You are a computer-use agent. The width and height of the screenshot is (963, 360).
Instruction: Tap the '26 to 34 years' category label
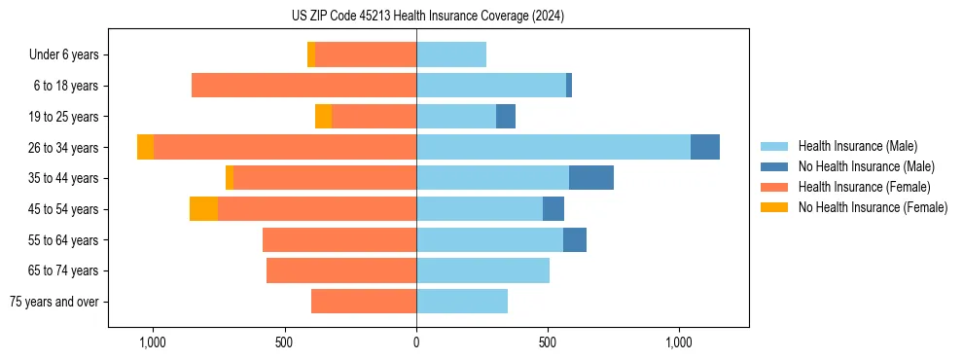coord(64,148)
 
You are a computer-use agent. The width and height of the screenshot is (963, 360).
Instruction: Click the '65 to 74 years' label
coord(64,270)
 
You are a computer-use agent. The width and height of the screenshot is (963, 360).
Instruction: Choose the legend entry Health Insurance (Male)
coord(857,146)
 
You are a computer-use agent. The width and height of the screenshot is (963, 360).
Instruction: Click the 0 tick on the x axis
coord(416,342)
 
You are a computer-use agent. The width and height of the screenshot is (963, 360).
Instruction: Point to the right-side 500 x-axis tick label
coord(548,342)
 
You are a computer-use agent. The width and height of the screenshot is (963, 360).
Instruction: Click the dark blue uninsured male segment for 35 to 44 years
coord(591,178)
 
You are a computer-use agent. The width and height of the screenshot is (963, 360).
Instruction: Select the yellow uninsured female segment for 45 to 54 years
coord(203,209)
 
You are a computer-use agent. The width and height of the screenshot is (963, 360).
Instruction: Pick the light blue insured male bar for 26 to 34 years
coord(553,147)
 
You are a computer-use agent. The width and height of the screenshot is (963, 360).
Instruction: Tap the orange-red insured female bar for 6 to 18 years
coord(303,86)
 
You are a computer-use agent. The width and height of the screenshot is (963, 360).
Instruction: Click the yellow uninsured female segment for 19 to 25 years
coord(323,117)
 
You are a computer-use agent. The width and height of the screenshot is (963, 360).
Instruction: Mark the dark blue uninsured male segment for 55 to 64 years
coord(575,239)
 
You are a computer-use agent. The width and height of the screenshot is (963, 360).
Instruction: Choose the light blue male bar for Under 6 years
coord(451,54)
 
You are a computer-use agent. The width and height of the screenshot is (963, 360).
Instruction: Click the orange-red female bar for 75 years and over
coord(364,302)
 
